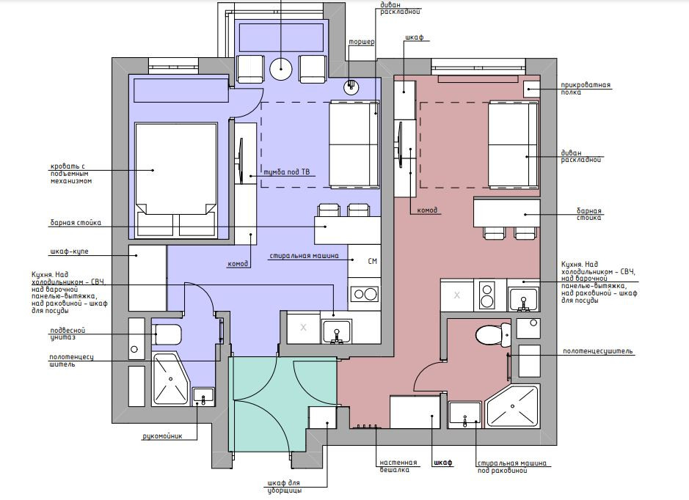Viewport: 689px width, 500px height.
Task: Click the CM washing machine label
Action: pos(372,261)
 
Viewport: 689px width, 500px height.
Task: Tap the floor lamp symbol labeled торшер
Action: pos(351,86)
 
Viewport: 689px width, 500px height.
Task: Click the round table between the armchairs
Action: pos(281,68)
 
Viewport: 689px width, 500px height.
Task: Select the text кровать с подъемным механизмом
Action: pos(71,174)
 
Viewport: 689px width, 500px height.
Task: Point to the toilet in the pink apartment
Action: pos(493,335)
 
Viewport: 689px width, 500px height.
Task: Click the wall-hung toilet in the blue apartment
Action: pos(166,335)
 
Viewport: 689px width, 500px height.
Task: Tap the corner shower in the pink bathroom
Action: pos(511,406)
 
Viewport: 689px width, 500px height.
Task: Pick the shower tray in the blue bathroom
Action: pos(170,379)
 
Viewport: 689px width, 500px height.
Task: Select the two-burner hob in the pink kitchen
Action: pos(487,295)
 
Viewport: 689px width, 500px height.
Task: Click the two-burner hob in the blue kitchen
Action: pos(364,294)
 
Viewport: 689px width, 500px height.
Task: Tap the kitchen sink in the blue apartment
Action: pos(337,332)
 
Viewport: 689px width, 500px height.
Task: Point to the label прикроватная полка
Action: pos(586,89)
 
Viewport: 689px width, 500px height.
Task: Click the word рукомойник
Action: pos(163,436)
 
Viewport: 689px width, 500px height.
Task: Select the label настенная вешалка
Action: pos(398,466)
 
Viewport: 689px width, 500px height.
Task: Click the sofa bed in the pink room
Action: pos(514,145)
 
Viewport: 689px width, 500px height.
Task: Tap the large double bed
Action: pos(176,180)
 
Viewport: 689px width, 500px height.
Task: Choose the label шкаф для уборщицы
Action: pos(284,487)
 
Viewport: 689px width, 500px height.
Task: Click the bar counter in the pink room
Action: pos(506,213)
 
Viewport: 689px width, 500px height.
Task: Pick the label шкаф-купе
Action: pos(70,251)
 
